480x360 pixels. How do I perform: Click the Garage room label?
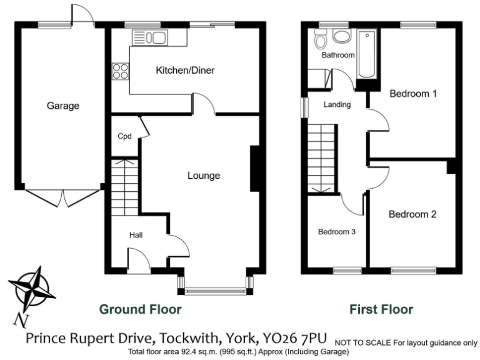(x=63, y=106)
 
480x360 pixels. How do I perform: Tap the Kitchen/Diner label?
(x=185, y=71)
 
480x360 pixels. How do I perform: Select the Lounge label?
(x=204, y=176)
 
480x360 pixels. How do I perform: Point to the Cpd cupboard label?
(x=124, y=136)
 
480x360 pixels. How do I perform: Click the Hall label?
(x=136, y=235)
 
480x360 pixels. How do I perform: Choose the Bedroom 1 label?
(x=412, y=94)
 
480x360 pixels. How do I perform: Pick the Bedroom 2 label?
(x=412, y=214)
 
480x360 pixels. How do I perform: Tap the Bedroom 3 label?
(x=337, y=232)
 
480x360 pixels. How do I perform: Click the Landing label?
(x=337, y=104)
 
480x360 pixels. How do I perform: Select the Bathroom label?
(x=338, y=55)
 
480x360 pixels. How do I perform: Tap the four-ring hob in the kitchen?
(x=120, y=72)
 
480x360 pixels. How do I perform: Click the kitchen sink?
(x=150, y=38)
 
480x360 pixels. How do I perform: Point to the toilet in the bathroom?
(x=321, y=41)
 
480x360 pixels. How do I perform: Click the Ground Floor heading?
(x=141, y=309)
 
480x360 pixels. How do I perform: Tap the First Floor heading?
(x=381, y=309)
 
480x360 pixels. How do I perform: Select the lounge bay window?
(x=216, y=289)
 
